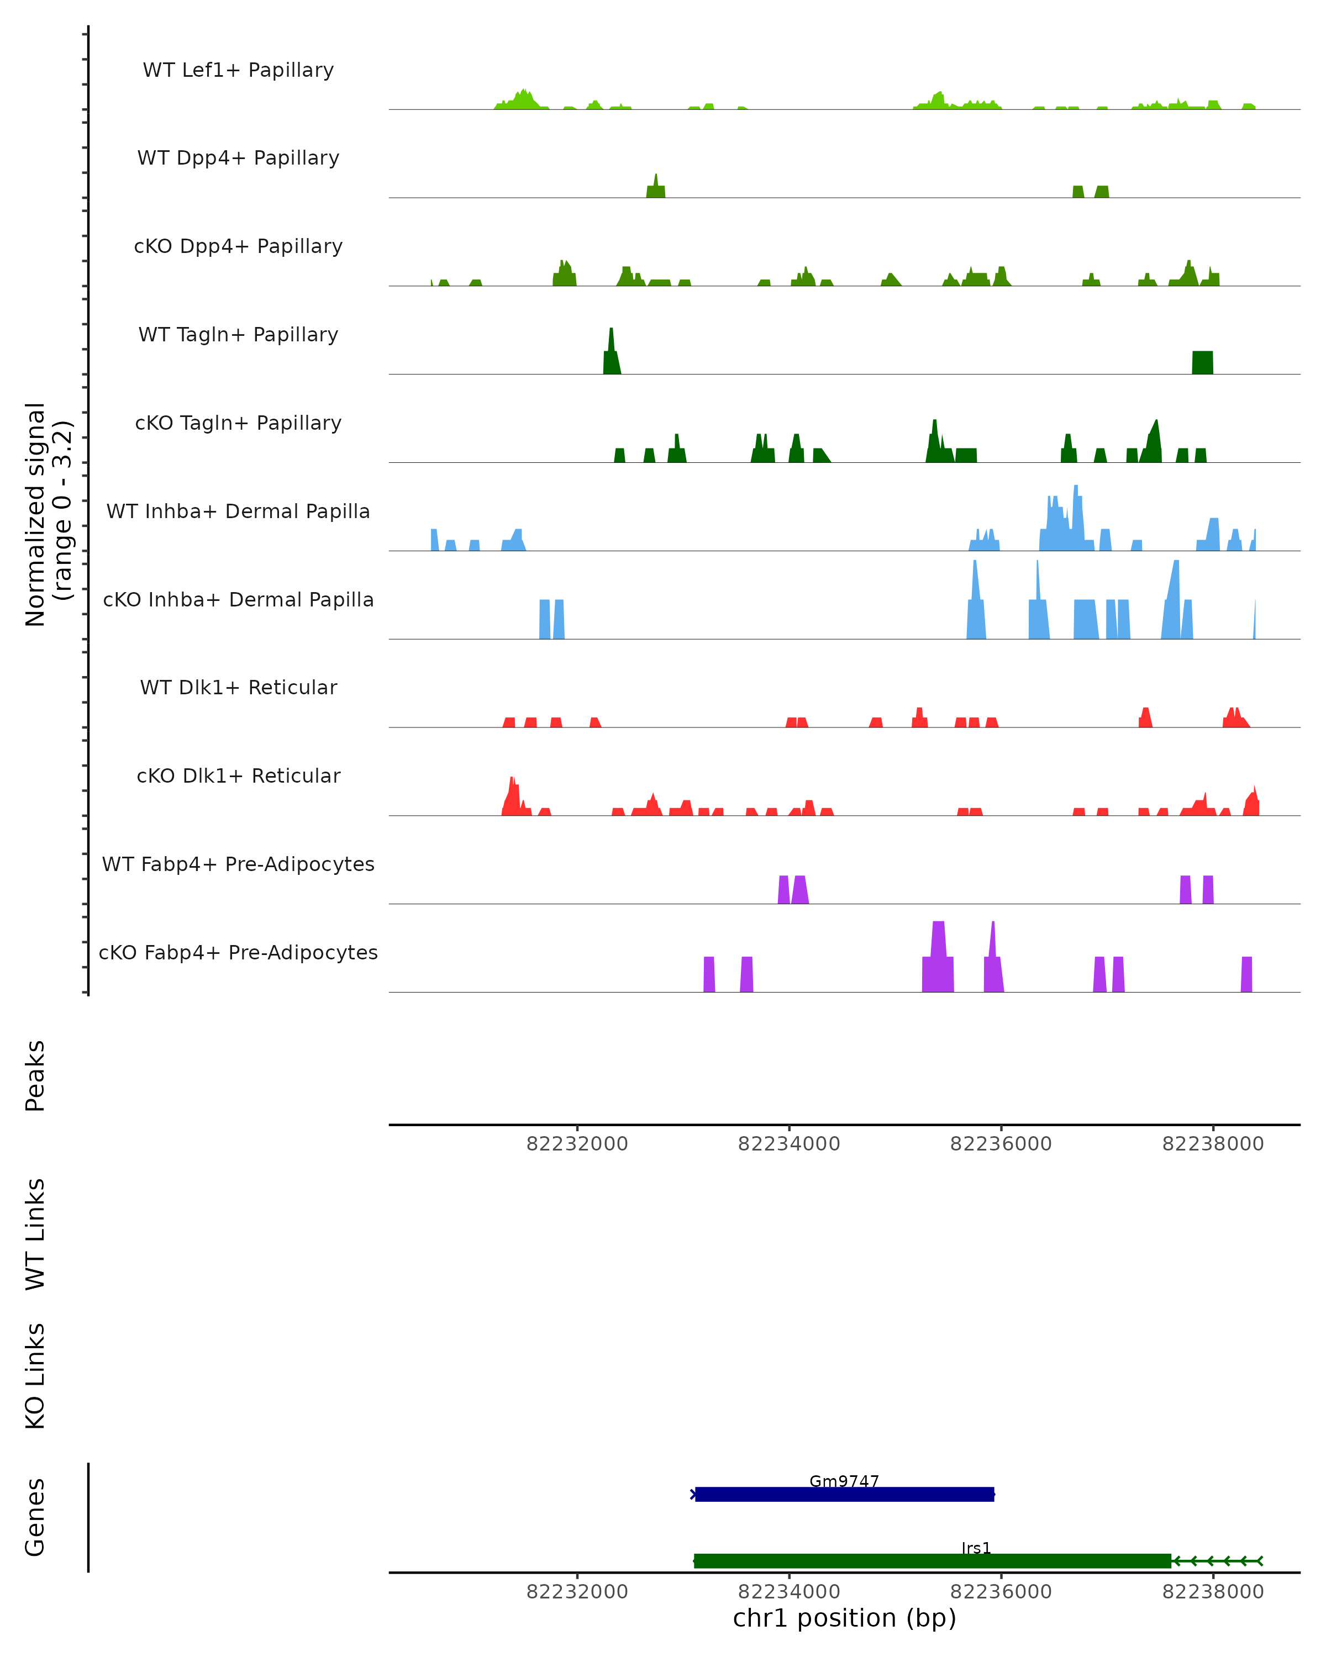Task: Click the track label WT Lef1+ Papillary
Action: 238,70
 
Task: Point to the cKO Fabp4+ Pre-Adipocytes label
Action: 238,952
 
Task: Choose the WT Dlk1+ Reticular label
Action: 238,687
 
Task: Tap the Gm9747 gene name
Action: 844,1481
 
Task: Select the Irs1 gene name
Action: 976,1548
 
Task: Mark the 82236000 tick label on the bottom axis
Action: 1001,1592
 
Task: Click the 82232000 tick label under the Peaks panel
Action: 576,1144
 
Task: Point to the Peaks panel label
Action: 35,1075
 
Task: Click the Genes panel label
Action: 35,1517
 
